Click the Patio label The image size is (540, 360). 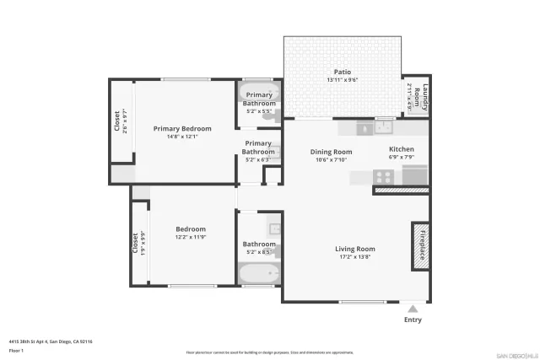click(x=343, y=72)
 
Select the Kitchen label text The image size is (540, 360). click(x=401, y=148)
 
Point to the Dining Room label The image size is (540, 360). click(x=332, y=152)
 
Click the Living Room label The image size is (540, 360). click(x=354, y=249)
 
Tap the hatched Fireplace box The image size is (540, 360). click(x=420, y=246)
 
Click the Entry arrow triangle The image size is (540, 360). click(x=413, y=309)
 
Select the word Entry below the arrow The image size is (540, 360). click(x=413, y=320)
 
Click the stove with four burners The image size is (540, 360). click(x=384, y=177)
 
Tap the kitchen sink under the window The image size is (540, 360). click(x=385, y=129)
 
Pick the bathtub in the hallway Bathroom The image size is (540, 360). click(x=258, y=273)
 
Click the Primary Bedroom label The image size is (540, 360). click(x=182, y=128)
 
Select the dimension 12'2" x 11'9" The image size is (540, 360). click(x=191, y=237)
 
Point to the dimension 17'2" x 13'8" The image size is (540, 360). click(x=354, y=257)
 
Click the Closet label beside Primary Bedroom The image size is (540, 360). click(x=117, y=122)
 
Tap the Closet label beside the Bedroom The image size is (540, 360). click(x=134, y=244)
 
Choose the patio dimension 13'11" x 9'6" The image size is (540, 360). click(x=343, y=80)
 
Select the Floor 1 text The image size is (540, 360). click(x=16, y=350)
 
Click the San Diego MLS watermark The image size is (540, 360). click(x=514, y=354)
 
